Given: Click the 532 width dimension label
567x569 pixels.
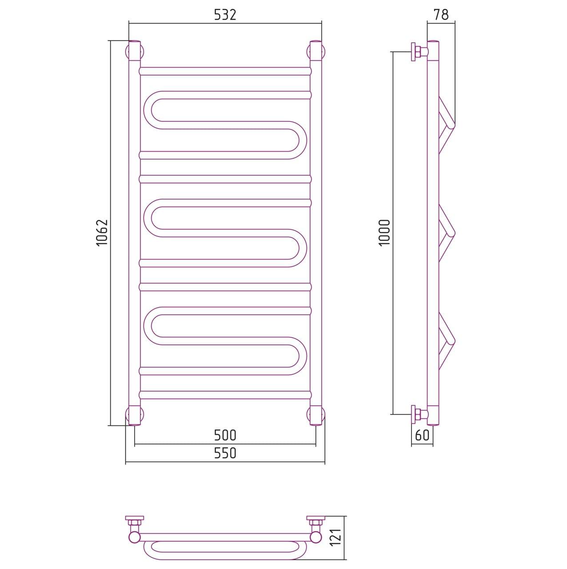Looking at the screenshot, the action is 225,15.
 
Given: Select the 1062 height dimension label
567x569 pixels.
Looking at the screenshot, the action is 102,232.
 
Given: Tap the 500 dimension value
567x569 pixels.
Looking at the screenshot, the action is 225,436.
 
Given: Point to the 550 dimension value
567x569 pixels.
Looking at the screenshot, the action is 225,453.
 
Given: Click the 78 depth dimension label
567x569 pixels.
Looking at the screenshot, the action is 441,15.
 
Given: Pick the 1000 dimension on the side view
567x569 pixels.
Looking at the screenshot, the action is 385,232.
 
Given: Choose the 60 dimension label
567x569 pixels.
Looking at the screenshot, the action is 422,435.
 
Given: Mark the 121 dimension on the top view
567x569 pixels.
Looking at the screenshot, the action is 337,537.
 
